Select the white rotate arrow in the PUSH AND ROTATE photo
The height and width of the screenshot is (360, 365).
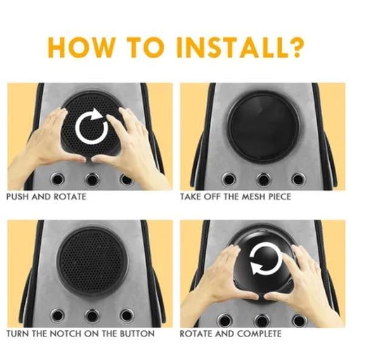tap(92, 126)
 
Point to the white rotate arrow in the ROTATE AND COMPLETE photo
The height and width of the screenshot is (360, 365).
tap(266, 258)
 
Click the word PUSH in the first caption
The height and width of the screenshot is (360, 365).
tap(18, 197)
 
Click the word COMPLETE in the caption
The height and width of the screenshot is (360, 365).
tap(259, 333)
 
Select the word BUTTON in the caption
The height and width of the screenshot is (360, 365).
tap(137, 333)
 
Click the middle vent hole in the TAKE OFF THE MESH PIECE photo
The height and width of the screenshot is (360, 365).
tap(264, 180)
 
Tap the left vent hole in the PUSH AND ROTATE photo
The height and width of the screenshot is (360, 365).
tap(57, 180)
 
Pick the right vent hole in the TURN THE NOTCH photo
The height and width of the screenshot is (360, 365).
tap(127, 316)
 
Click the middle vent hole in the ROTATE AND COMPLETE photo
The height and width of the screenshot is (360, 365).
tap(262, 321)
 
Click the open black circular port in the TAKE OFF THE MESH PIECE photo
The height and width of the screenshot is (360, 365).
tap(263, 127)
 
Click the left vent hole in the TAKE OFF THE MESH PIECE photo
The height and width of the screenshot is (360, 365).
tap(229, 180)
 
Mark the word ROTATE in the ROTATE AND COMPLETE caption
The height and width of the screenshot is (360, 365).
tap(196, 333)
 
